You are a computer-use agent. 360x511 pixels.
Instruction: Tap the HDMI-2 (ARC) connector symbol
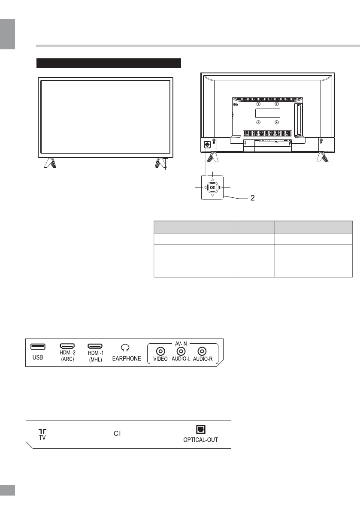(x=67, y=346)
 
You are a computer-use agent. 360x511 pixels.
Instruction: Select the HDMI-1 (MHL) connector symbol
(x=95, y=346)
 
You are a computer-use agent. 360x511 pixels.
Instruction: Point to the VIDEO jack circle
(x=160, y=351)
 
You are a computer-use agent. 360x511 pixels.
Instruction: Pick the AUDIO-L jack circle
(x=181, y=351)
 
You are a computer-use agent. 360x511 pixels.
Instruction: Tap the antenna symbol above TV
(x=42, y=431)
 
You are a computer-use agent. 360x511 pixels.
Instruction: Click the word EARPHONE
(x=126, y=359)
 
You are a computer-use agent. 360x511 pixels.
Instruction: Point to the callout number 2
(x=253, y=199)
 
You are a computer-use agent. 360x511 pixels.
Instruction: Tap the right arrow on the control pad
(x=220, y=188)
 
